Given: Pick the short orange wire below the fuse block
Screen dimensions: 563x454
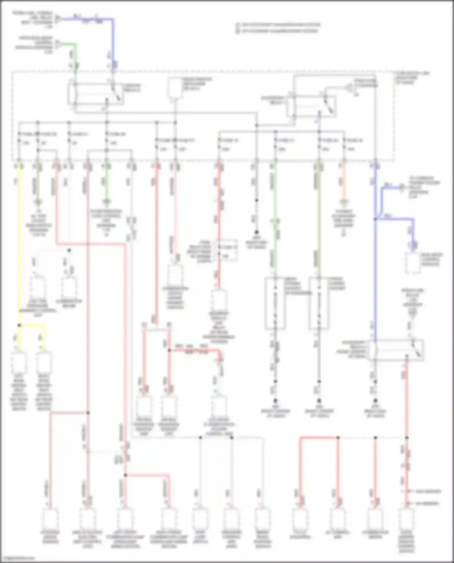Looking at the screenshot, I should coord(344,185).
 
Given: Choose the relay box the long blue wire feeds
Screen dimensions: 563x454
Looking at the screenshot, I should coord(396,350).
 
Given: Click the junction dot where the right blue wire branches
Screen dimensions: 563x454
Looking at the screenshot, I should coord(375,219).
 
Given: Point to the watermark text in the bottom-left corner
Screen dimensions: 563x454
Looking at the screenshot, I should coord(18,558).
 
